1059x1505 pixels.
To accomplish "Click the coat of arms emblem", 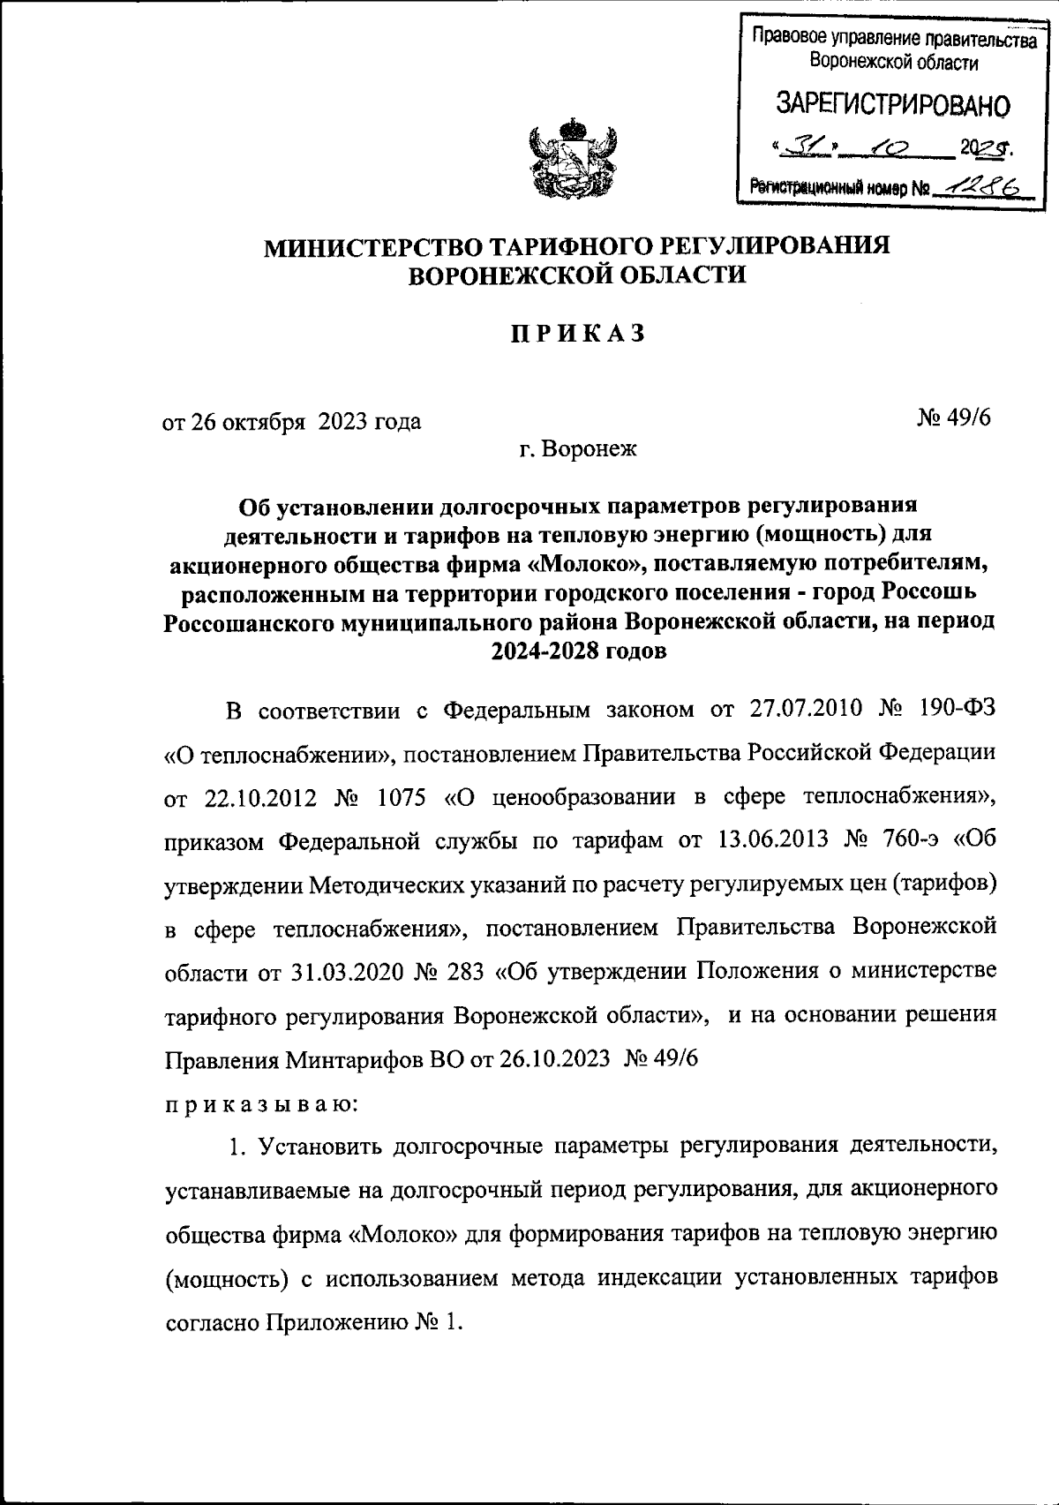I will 572,158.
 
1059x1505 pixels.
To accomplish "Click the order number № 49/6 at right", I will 954,417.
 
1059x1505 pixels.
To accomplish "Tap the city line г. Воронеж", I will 578,449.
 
